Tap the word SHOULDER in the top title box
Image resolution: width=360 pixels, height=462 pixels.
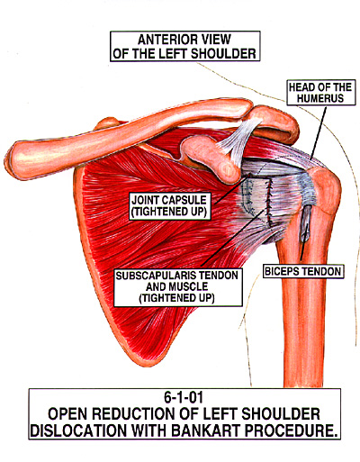(x=223, y=54)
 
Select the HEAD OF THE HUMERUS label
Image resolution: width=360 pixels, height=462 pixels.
(x=320, y=93)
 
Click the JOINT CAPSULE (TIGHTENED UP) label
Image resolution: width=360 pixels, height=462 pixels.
(x=169, y=206)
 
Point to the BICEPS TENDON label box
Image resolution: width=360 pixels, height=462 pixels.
(x=303, y=271)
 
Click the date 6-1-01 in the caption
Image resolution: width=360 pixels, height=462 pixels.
(x=184, y=397)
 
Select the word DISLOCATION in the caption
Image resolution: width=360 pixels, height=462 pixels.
(x=78, y=430)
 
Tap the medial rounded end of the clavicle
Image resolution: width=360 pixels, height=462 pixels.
(x=15, y=160)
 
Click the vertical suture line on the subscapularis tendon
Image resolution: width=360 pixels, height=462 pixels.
(x=269, y=202)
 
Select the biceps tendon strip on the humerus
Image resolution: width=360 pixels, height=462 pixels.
(x=305, y=222)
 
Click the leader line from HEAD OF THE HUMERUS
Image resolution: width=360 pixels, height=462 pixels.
(x=319, y=132)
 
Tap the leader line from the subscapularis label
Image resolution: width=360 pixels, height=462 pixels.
(x=235, y=237)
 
